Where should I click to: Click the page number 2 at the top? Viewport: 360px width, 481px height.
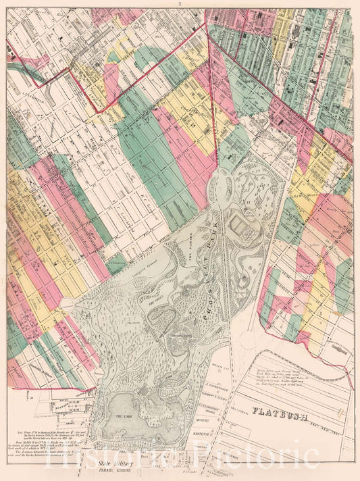[180, 4]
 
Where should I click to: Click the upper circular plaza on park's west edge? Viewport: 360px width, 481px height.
[67, 306]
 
